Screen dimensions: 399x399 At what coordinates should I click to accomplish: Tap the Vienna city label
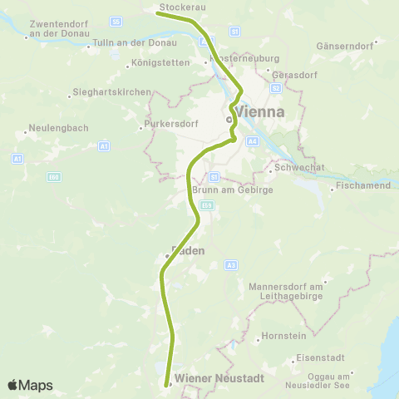(260, 111)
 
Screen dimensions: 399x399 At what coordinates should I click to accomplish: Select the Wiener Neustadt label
(219, 377)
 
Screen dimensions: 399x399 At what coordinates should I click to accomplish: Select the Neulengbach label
(54, 129)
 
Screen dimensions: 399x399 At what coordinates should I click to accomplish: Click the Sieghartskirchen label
(112, 91)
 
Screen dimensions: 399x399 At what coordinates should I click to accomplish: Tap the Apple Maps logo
(30, 385)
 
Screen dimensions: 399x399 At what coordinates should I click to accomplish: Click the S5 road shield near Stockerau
(116, 21)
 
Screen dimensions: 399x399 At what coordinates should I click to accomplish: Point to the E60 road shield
(54, 177)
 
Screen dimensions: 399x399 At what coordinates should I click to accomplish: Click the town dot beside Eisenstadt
(294, 361)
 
